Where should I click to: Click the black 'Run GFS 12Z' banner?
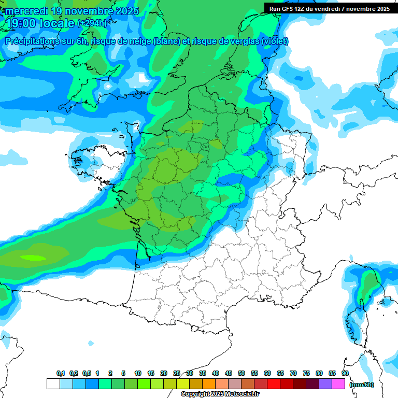[x=329, y=8]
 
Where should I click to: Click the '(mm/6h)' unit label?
[x=361, y=385]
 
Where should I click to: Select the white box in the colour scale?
[x=53, y=384]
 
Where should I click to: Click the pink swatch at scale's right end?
[x=338, y=384]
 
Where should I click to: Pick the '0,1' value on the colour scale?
[x=60, y=373]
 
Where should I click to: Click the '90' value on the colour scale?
[x=345, y=373]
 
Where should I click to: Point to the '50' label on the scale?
[x=241, y=373]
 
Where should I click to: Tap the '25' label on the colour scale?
[x=177, y=373]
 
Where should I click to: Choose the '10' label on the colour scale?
[x=138, y=373]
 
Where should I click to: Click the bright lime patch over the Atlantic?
[x=34, y=257]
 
